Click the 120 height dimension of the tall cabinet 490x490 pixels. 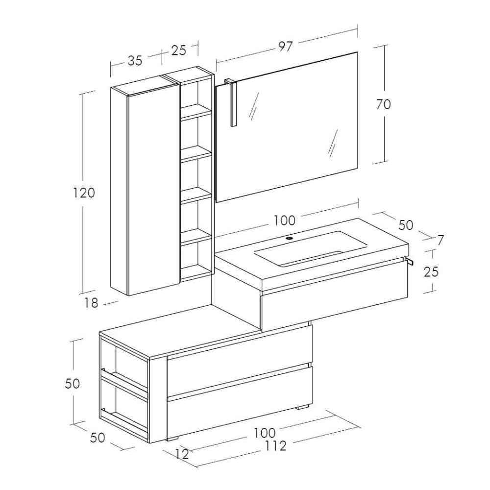click(x=84, y=193)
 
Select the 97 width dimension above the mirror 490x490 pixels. click(x=285, y=47)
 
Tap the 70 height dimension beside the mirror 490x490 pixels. click(x=384, y=104)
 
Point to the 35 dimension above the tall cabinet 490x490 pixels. click(x=135, y=60)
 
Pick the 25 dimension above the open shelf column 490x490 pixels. click(x=178, y=50)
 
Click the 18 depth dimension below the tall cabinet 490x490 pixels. click(x=91, y=303)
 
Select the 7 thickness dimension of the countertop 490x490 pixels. click(x=440, y=240)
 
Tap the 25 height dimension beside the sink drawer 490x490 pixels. click(x=431, y=271)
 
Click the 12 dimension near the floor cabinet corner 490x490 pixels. click(x=181, y=454)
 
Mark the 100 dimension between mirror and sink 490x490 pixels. click(x=284, y=220)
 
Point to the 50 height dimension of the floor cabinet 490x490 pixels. click(x=72, y=383)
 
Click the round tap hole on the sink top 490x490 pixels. click(x=290, y=239)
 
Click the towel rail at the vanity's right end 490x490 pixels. click(x=409, y=262)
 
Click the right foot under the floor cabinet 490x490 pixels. click(x=302, y=407)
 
